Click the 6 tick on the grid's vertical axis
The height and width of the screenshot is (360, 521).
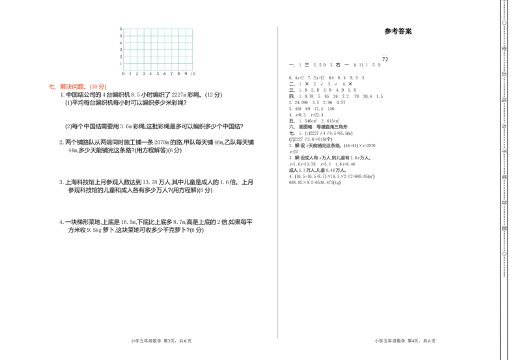point(120,29)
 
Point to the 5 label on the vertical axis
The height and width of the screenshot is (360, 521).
point(120,36)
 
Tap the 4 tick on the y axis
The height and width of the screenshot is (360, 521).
point(120,43)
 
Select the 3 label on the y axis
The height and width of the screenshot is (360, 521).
point(120,49)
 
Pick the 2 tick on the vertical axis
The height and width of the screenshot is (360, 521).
point(120,57)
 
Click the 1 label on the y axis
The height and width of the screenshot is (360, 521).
point(120,64)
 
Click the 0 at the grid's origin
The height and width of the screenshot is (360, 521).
point(123,74)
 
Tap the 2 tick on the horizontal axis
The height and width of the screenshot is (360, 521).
point(137,74)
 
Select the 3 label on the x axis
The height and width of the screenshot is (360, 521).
point(144,74)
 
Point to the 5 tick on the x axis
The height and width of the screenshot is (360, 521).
point(158,74)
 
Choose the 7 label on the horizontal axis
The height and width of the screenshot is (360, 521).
point(171,74)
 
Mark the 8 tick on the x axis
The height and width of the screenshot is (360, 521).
point(178,74)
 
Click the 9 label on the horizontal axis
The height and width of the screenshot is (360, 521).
point(186,74)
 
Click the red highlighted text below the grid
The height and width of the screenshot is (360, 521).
point(78,87)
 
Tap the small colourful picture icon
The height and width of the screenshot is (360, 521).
point(385,58)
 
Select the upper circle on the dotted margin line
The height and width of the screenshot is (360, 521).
point(504,23)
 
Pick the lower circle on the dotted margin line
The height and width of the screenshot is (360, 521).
point(504,253)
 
